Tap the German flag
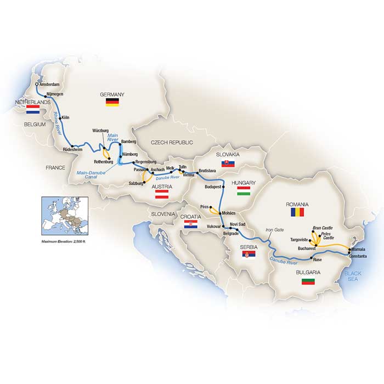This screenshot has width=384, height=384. coord(112,103)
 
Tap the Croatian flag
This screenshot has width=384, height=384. coord(188,226)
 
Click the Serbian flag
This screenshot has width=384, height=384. coord(249,255)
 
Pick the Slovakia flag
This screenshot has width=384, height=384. coord(225,163)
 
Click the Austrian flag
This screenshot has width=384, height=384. coord(164,195)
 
